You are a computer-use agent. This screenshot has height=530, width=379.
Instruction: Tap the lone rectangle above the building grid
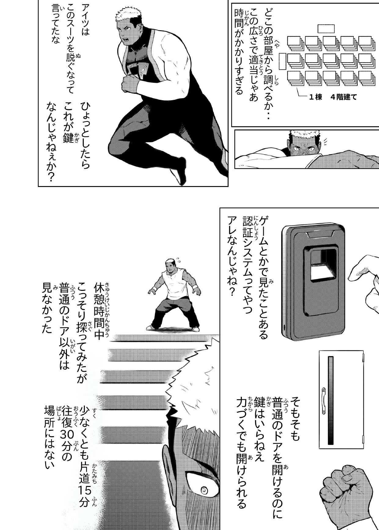coord(326,28)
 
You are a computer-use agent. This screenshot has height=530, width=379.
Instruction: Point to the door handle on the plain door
coord(323,401)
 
